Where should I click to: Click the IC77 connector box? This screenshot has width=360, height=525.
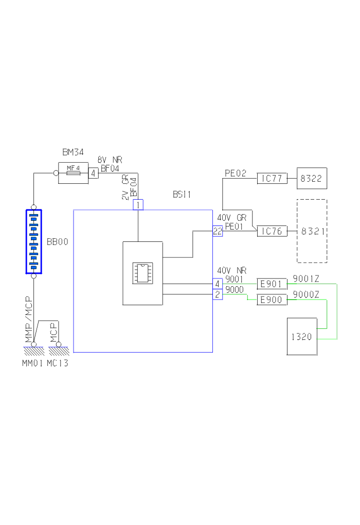[272, 179]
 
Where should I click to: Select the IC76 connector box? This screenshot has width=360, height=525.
[272, 231]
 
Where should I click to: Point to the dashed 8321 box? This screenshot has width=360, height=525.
[312, 231]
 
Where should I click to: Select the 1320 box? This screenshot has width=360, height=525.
[302, 337]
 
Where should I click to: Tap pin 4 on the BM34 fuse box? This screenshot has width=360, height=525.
[93, 173]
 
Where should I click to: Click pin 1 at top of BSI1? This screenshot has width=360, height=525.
[138, 205]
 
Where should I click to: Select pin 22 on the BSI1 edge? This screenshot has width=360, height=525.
[218, 231]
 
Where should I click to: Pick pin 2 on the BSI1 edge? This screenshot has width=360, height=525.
[218, 295]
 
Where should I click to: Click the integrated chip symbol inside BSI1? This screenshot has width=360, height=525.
[142, 273]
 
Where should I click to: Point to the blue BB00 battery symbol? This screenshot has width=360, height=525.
[34, 241]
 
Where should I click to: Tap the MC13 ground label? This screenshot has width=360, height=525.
[57, 364]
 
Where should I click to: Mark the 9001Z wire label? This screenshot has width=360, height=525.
[306, 279]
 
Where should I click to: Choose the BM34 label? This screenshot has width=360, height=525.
[73, 152]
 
